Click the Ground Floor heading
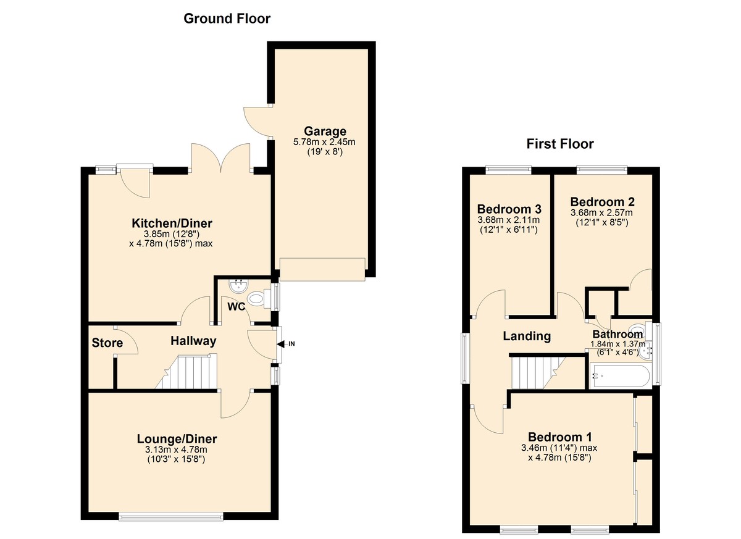(227, 19)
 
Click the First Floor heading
(560, 144)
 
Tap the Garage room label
(325, 132)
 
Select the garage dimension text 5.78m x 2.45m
(324, 142)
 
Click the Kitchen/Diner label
(172, 224)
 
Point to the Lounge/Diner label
(177, 439)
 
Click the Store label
(107, 343)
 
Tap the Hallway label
(193, 341)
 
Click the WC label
(236, 307)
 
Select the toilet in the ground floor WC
(259, 299)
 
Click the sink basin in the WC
(238, 286)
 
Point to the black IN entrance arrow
(280, 345)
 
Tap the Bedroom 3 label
(509, 209)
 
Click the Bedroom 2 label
(603, 202)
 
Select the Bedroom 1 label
(559, 437)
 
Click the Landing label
(527, 336)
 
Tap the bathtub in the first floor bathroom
(621, 375)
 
